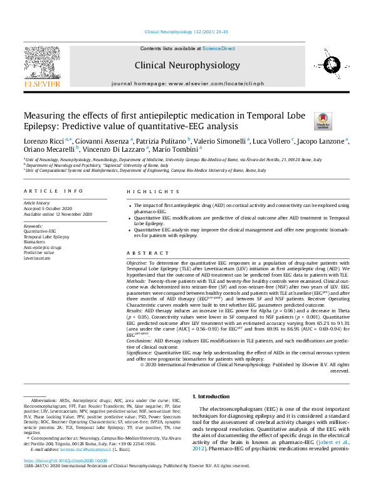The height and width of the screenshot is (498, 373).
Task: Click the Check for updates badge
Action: [x=323, y=120]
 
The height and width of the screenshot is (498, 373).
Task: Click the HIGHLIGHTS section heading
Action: [x=144, y=192]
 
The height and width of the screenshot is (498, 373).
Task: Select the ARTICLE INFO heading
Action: [x=53, y=192]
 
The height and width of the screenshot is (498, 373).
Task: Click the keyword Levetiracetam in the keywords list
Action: [x=37, y=258]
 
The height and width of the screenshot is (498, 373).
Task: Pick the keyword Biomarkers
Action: [x=34, y=241]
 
